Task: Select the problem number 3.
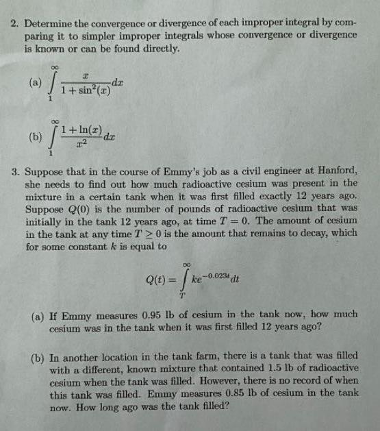(14, 170)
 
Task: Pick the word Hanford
(335, 170)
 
